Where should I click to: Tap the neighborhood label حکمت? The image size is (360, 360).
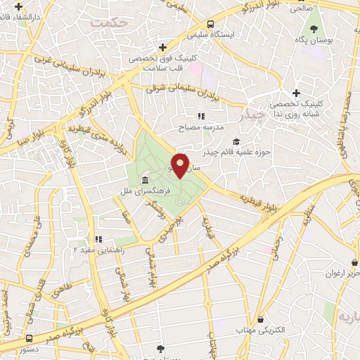click(x=106, y=23)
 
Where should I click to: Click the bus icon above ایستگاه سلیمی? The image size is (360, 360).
click(x=192, y=22)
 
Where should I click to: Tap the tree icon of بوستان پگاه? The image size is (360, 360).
click(x=314, y=29)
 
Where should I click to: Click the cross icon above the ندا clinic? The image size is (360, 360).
click(x=296, y=93)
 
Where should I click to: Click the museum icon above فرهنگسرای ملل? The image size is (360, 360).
click(x=145, y=179)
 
